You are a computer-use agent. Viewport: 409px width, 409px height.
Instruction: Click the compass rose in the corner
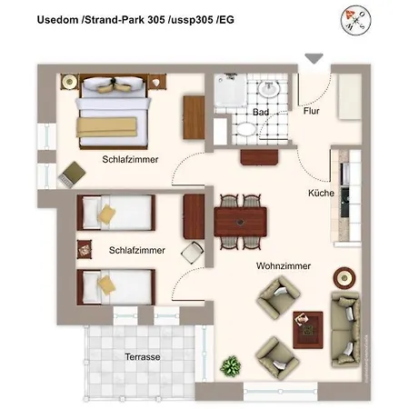pyautogui.click(x=355, y=21)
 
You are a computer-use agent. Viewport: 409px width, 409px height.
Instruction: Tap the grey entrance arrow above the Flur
pyautogui.click(x=314, y=58)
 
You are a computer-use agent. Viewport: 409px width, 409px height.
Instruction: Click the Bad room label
pyautogui.click(x=261, y=112)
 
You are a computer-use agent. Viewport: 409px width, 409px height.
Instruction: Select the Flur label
pyautogui.click(x=312, y=111)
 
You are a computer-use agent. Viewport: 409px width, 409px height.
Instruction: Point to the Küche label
pyautogui.click(x=321, y=193)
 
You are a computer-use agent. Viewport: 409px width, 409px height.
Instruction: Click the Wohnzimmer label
pyautogui.click(x=284, y=266)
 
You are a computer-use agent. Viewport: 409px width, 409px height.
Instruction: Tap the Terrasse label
pyautogui.click(x=143, y=357)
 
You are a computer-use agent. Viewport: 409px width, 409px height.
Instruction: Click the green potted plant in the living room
pyautogui.click(x=231, y=366)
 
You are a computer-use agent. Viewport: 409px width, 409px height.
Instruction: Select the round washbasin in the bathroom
pyautogui.click(x=269, y=89)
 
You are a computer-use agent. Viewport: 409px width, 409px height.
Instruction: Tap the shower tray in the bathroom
pyautogui.click(x=231, y=90)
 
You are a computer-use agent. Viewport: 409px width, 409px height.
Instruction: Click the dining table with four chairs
pyautogui.click(x=241, y=222)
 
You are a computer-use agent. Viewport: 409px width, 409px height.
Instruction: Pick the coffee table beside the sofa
pyautogui.click(x=308, y=330)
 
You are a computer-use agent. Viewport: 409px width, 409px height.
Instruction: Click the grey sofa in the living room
pyautogui.click(x=345, y=329)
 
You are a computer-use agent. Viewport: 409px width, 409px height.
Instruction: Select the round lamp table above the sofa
pyautogui.click(x=344, y=278)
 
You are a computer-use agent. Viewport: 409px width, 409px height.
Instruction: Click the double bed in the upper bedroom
pyautogui.click(x=114, y=112)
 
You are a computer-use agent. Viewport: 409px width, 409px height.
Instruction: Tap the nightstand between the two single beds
pyautogui.click(x=85, y=250)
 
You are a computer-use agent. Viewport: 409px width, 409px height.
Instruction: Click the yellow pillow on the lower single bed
pyautogui.click(x=106, y=285)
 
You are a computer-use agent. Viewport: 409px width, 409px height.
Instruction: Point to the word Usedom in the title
pyautogui.click(x=57, y=20)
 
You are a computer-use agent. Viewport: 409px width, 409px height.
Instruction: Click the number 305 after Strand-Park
pyautogui.click(x=156, y=20)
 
